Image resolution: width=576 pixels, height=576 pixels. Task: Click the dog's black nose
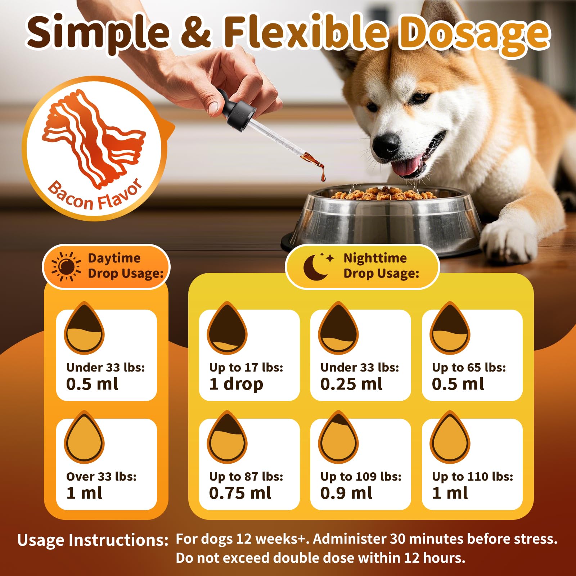pyautogui.click(x=386, y=142)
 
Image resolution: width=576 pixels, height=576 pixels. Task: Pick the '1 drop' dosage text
pyautogui.click(x=236, y=384)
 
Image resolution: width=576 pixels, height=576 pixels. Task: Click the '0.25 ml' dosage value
pyautogui.click(x=351, y=384)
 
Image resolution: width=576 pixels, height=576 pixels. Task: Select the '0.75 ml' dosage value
pyautogui.click(x=240, y=493)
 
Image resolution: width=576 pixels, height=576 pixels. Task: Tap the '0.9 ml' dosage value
pyautogui.click(x=346, y=493)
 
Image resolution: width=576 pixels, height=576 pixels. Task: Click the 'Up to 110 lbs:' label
pyautogui.click(x=473, y=476)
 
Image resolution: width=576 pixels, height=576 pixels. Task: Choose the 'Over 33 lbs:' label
pyautogui.click(x=102, y=476)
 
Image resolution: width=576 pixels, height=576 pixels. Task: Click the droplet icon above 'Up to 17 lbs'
pyautogui.click(x=227, y=328)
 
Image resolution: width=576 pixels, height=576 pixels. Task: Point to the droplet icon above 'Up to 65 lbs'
pyautogui.click(x=450, y=328)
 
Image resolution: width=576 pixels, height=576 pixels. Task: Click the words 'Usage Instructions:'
pyautogui.click(x=93, y=540)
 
